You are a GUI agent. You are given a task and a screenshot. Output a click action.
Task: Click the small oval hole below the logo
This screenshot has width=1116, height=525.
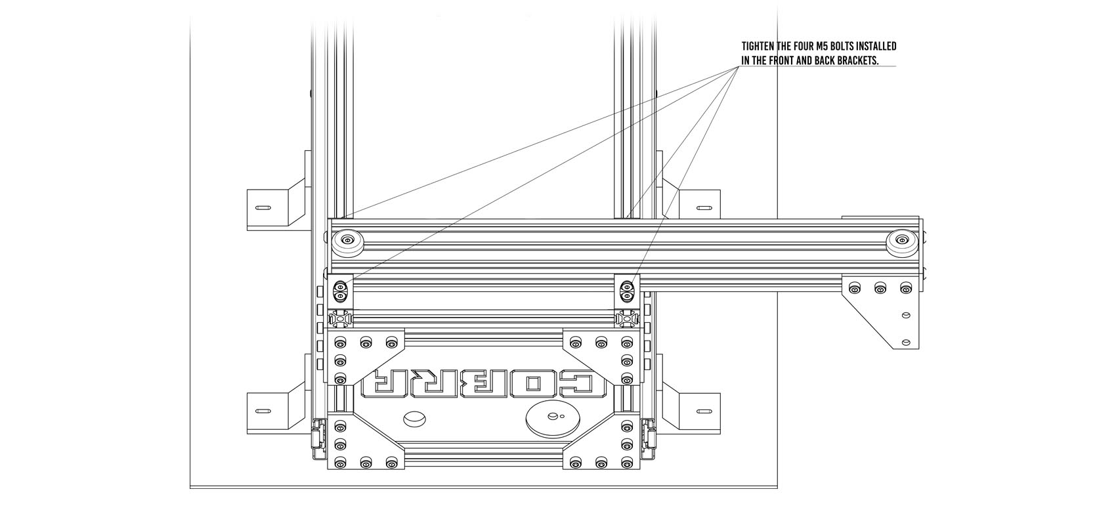coord(414,417)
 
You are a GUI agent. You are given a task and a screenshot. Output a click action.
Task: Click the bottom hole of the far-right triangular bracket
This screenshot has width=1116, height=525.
coord(906,341)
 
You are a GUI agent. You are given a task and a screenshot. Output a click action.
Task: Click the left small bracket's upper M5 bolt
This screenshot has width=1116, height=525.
coord(340,287)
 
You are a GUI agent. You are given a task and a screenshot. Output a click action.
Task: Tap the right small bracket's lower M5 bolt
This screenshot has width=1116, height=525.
coord(627,297)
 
